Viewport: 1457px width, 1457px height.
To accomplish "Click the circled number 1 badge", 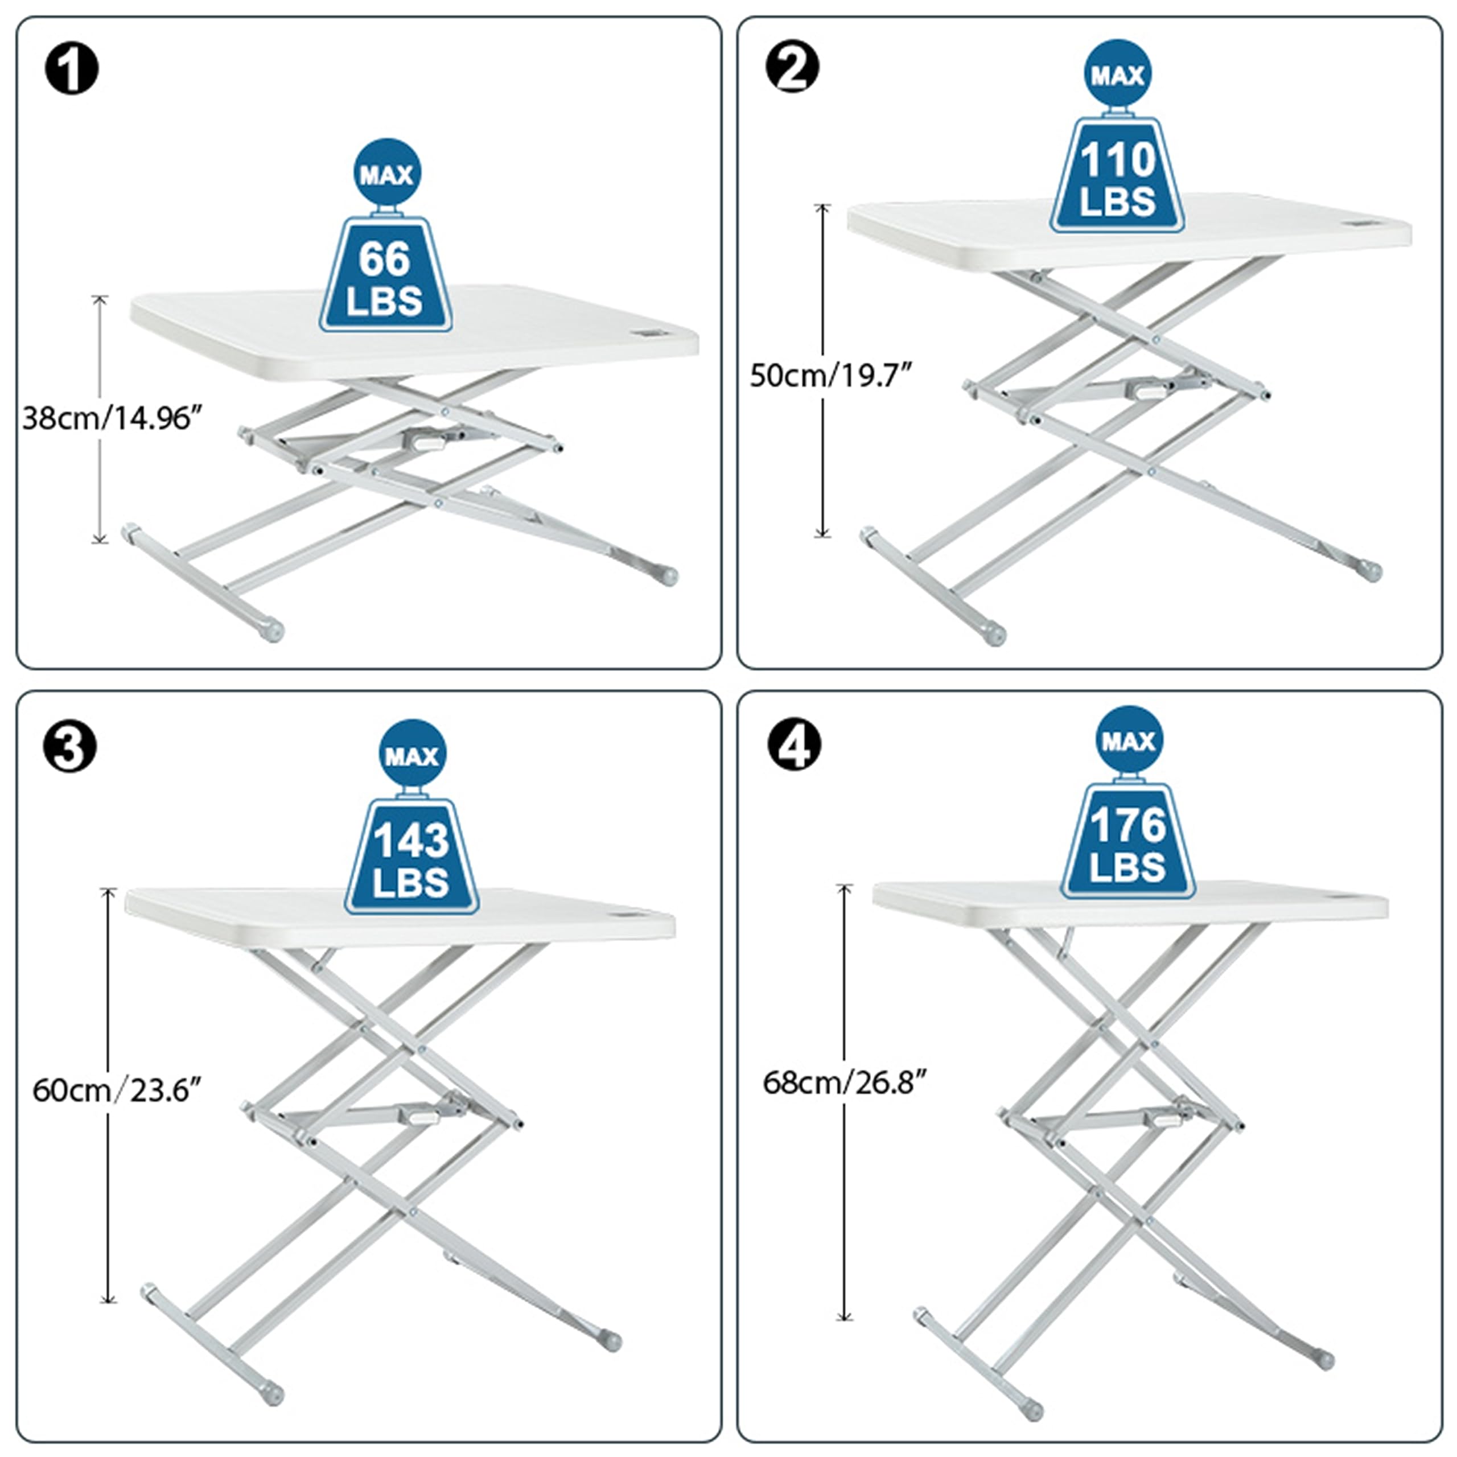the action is (72, 69).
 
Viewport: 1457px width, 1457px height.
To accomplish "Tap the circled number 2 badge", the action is (792, 67).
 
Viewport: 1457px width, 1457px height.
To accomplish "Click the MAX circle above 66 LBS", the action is (387, 172).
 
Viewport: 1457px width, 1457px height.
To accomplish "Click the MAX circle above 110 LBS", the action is (1118, 74).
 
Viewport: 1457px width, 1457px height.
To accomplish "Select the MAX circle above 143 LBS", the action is (411, 754).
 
